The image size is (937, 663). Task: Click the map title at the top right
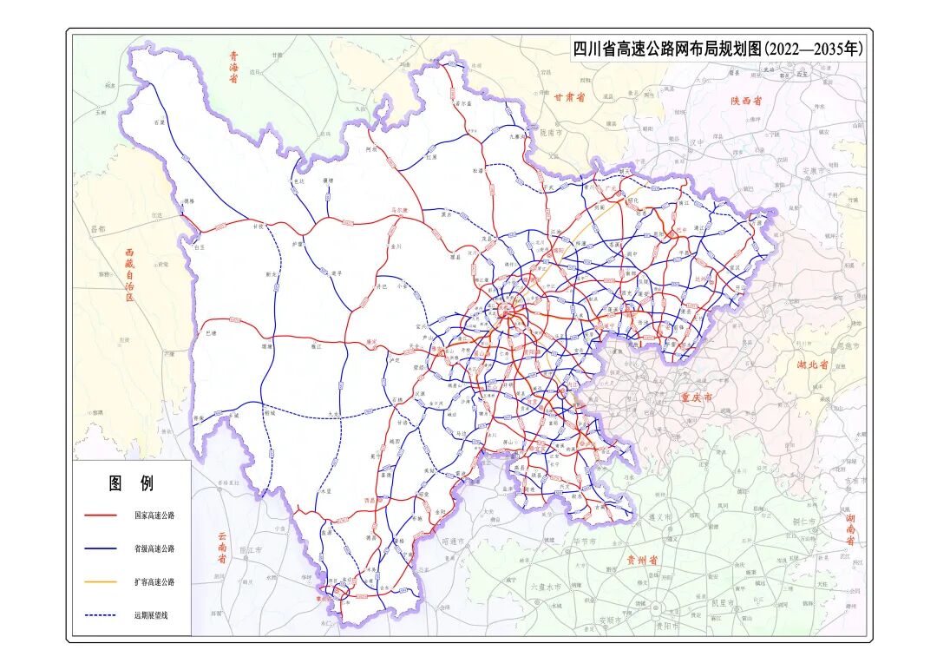[717, 49]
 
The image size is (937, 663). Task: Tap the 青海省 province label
[233, 67]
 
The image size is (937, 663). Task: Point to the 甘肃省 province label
[569, 97]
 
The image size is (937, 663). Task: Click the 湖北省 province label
[813, 365]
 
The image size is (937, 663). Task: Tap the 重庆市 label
[696, 397]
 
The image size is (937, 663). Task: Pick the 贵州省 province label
[643, 560]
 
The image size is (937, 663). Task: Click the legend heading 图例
[131, 483]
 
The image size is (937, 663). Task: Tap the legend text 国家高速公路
[154, 515]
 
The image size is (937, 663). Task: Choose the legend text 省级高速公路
[154, 548]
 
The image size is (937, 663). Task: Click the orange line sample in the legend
[101, 582]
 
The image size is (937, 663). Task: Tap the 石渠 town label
[158, 122]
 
